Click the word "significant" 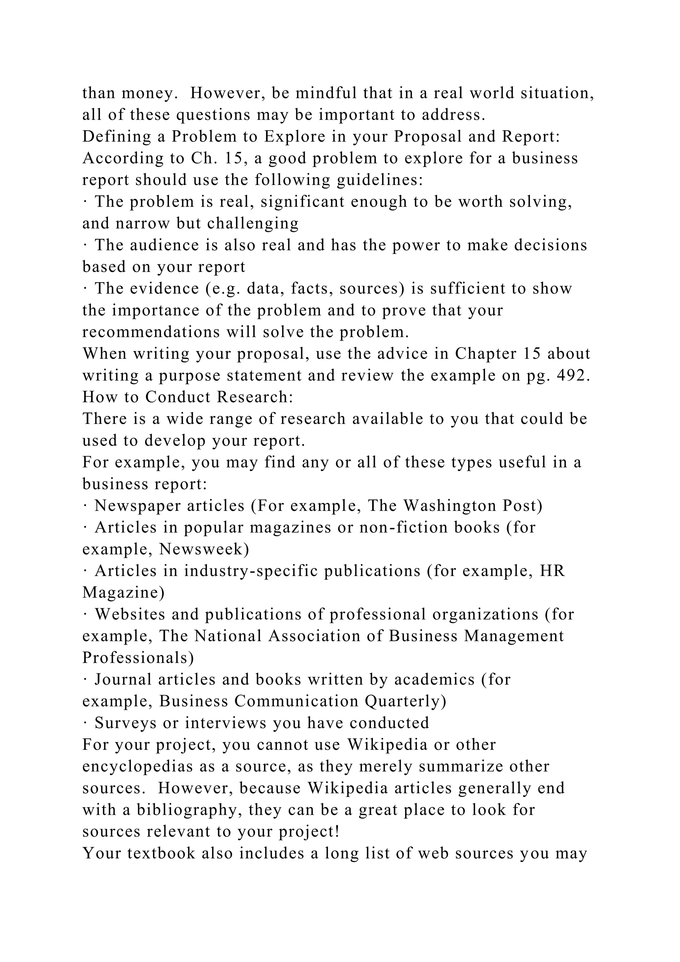click(302, 202)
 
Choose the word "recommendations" click(151, 332)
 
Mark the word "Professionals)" click(138, 658)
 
